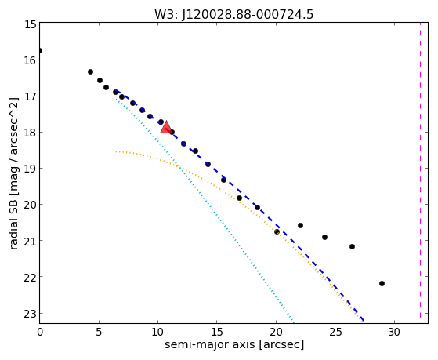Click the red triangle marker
tap(166, 127)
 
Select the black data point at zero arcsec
tap(40, 51)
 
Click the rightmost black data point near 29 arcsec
tap(382, 283)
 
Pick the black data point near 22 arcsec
tap(300, 225)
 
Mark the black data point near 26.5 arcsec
tap(352, 246)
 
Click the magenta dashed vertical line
tap(420, 170)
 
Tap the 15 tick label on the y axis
tap(31, 24)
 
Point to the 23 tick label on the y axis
tap(31, 314)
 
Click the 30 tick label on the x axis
tap(394, 333)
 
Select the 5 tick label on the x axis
tap(99, 333)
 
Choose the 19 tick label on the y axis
tap(31, 169)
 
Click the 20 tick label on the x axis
tap(276, 333)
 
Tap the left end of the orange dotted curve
tap(116, 151)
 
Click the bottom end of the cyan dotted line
tap(294, 322)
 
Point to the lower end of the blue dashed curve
tap(364, 321)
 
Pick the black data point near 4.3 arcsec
tap(90, 71)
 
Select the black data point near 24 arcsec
tap(324, 237)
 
